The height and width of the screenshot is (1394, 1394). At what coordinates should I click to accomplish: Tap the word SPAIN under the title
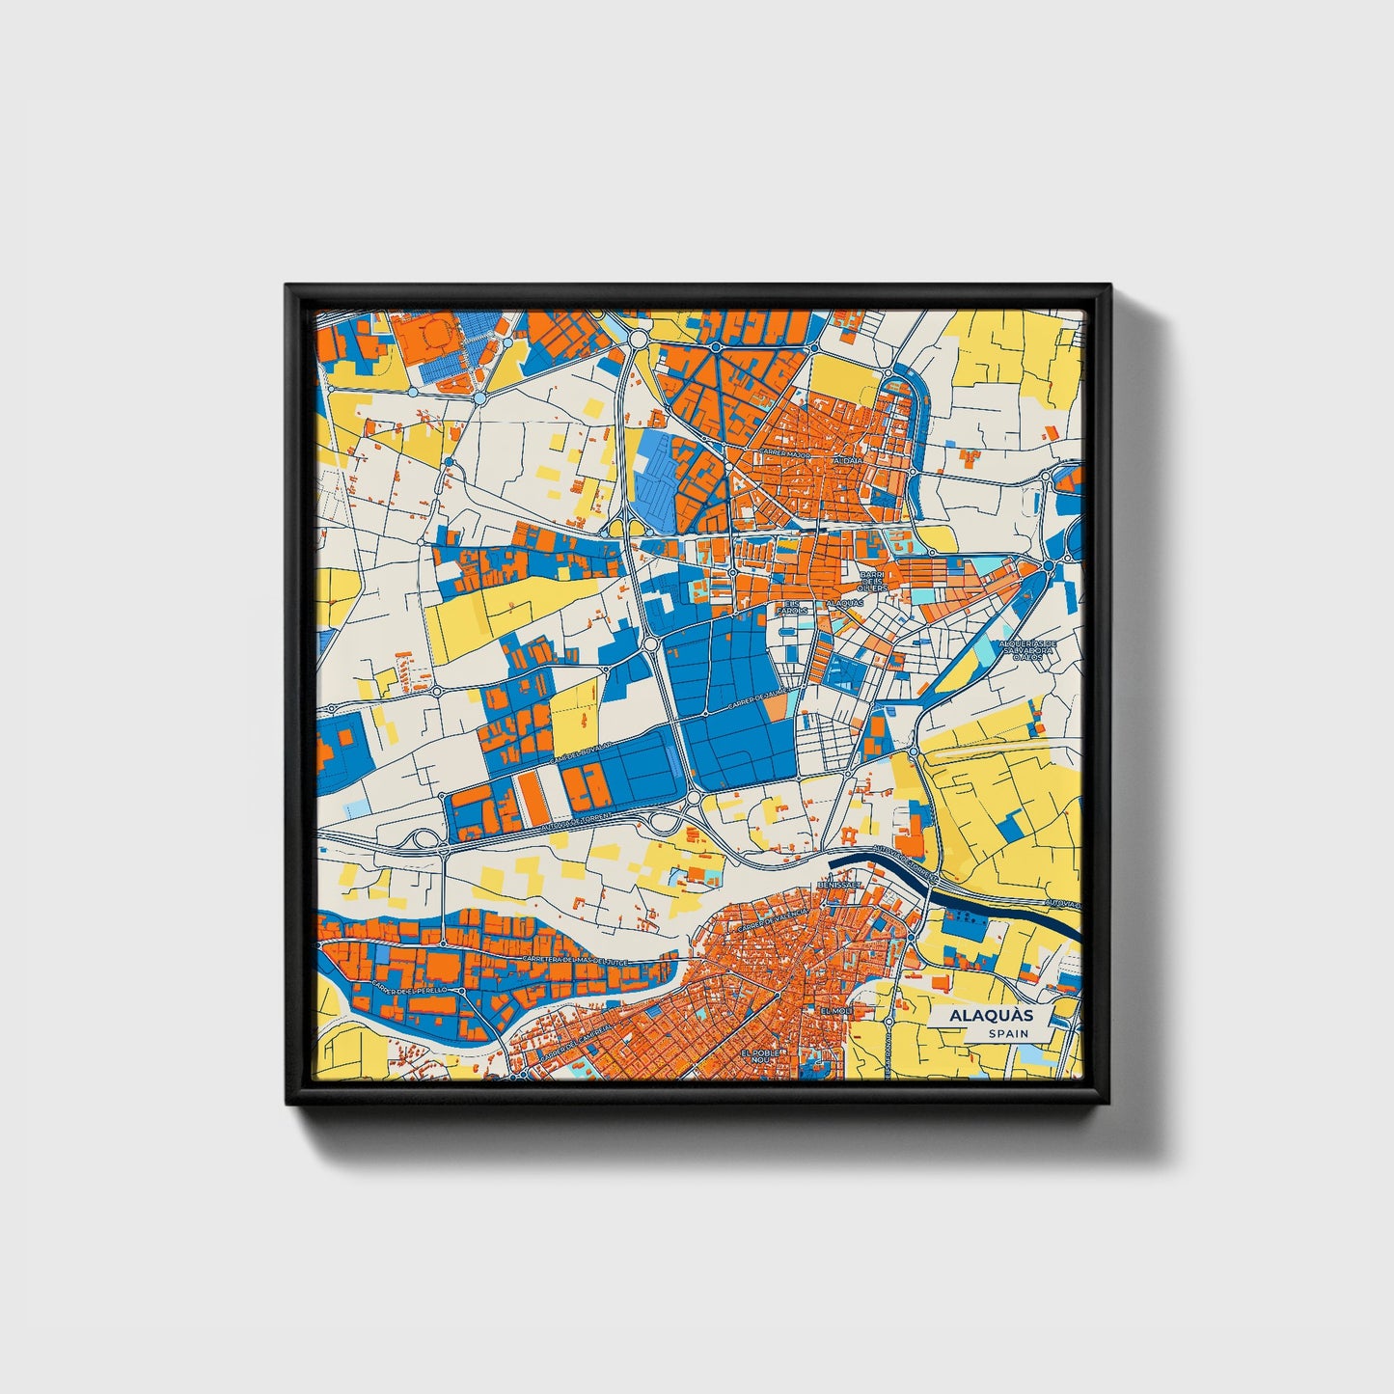coord(1007,1033)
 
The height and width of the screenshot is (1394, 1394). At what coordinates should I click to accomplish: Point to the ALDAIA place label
coord(850,461)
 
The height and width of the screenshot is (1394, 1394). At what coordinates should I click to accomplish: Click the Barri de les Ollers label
coord(873,581)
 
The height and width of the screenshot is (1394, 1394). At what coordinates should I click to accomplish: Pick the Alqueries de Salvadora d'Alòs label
coord(1028,649)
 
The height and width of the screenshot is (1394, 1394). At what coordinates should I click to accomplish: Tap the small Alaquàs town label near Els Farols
coord(844,603)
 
